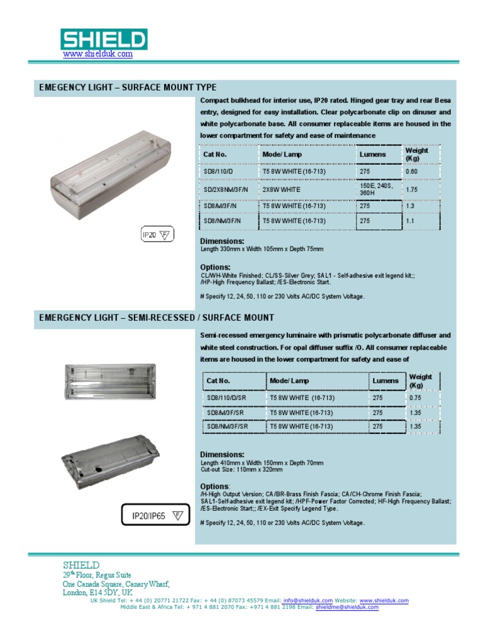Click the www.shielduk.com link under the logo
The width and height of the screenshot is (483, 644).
tap(98, 54)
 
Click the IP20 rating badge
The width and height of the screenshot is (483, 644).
tap(155, 235)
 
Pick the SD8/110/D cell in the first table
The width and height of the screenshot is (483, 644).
tap(218, 171)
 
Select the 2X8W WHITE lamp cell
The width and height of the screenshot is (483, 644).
tap(281, 189)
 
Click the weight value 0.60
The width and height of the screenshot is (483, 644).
tap(412, 171)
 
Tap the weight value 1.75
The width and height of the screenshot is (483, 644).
tap(412, 189)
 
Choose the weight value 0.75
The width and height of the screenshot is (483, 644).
tap(416, 398)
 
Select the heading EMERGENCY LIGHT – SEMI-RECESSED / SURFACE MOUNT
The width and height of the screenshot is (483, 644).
tap(157, 318)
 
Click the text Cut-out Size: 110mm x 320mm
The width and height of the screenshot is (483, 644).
tap(241, 469)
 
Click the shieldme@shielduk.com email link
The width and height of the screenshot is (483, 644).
tap(347, 608)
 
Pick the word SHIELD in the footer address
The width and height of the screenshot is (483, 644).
tap(81, 565)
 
